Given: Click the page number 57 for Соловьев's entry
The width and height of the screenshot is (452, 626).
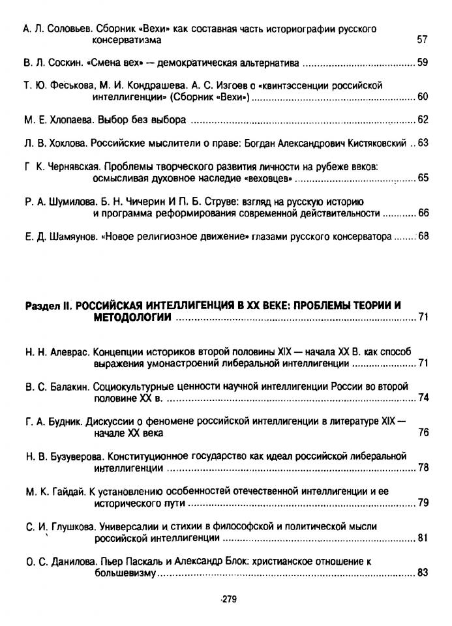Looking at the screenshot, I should pos(421,40).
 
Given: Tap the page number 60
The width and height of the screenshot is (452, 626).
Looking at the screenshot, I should pos(421,98).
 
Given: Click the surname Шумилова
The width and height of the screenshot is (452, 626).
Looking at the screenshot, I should pos(68,201).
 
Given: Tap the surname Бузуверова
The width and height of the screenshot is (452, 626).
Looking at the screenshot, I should pos(76,456).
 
